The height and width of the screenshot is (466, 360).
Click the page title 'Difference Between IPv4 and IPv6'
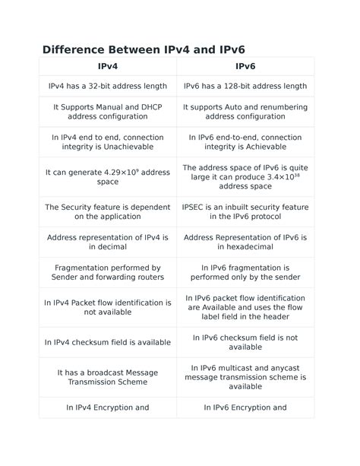click(x=143, y=49)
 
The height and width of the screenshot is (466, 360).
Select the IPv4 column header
click(x=108, y=67)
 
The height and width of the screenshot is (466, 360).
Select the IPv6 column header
click(x=245, y=67)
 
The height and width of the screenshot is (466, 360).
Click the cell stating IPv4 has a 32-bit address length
click(x=108, y=87)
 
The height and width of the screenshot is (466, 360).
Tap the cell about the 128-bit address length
click(x=245, y=87)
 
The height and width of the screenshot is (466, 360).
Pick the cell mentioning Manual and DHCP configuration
click(x=108, y=113)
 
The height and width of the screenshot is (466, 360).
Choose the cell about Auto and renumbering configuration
click(x=245, y=113)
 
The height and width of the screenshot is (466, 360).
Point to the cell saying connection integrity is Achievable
click(x=245, y=142)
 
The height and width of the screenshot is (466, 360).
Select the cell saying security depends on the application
click(x=108, y=211)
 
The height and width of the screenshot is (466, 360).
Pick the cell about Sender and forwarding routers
click(x=108, y=272)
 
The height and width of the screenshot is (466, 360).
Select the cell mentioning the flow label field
click(x=245, y=307)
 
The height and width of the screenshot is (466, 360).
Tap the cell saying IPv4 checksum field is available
click(x=108, y=342)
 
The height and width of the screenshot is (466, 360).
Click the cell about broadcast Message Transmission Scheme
click(x=108, y=377)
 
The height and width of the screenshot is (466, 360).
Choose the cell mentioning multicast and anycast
click(x=245, y=377)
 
